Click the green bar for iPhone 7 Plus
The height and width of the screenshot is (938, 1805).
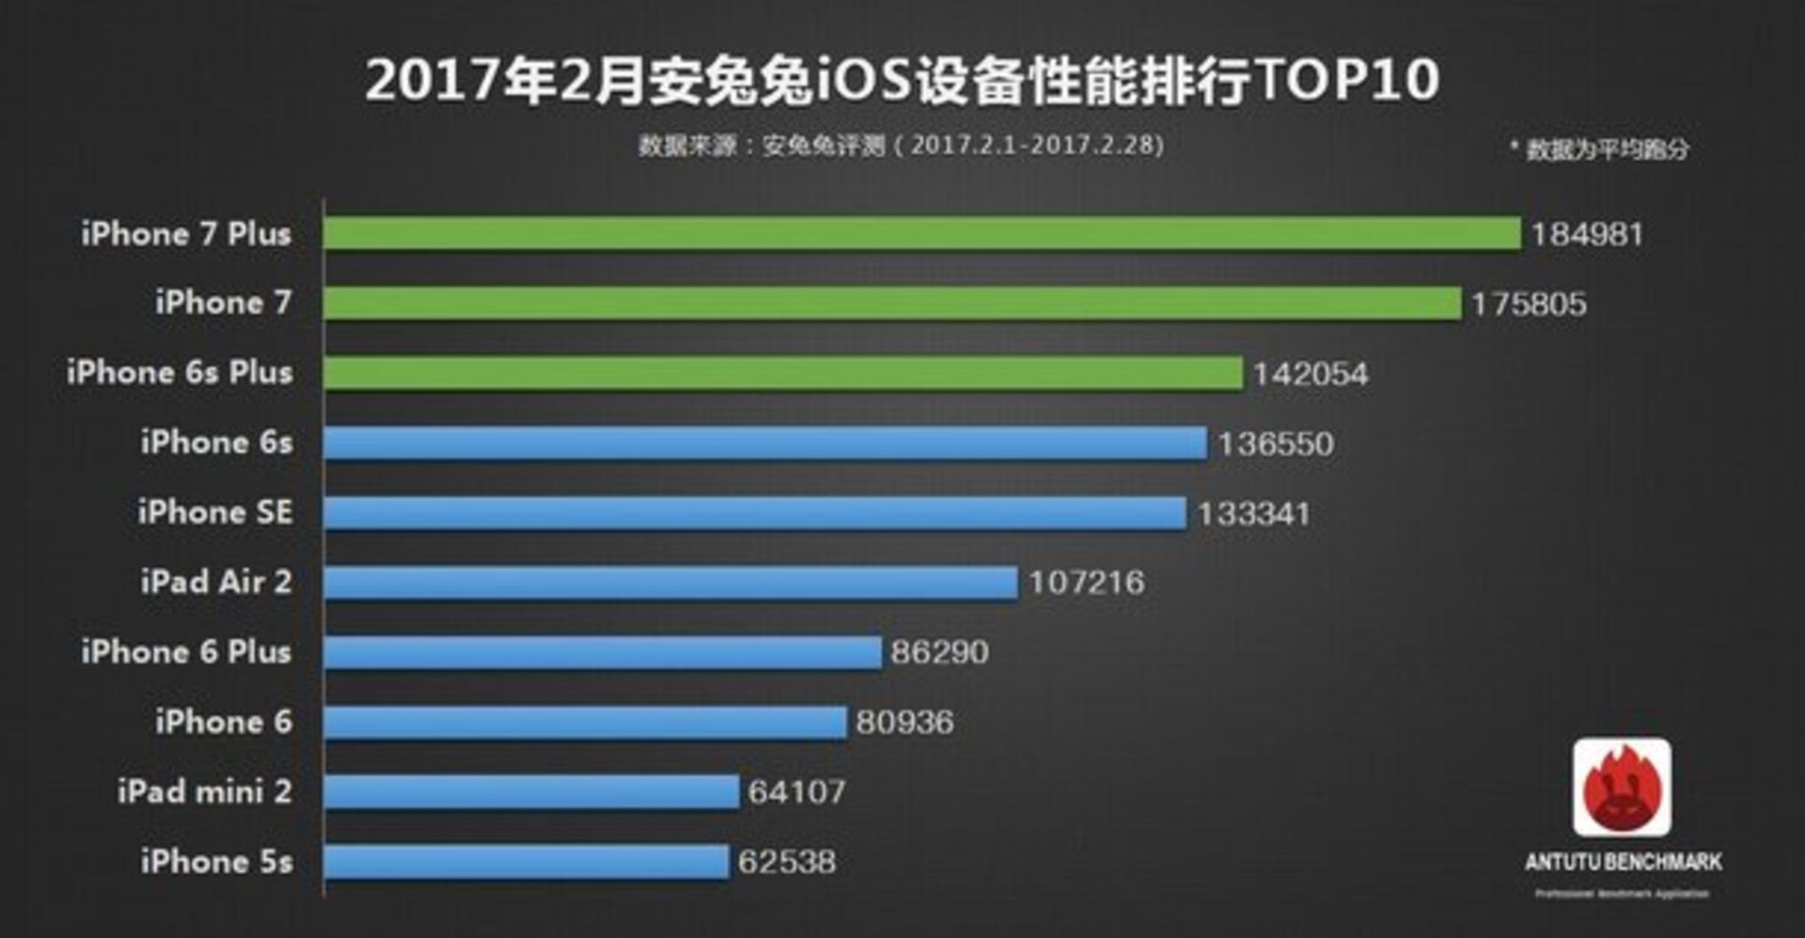point(921,234)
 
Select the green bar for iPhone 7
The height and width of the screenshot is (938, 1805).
point(892,304)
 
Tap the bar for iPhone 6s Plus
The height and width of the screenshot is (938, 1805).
point(783,373)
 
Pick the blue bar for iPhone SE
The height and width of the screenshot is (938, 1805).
point(755,513)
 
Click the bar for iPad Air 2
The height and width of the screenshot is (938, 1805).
point(670,583)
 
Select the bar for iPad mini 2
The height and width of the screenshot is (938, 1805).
point(531,791)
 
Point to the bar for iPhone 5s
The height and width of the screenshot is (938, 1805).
point(526,862)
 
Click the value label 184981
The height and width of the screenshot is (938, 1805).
point(1587,235)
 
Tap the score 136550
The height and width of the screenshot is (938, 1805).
point(1276,444)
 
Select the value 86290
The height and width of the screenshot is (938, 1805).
point(939,652)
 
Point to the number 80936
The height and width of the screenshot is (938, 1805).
point(904,722)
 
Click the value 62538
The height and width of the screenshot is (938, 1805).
point(786,862)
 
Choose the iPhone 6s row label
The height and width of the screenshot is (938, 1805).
point(216,443)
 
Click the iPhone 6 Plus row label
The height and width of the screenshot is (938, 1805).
point(186,651)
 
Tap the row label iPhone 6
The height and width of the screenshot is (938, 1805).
point(224,722)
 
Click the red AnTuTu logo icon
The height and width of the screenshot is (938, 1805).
point(1622,788)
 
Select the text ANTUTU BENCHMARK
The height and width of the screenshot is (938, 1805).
point(1623,862)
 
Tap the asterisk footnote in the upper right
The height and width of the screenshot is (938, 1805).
point(1599,149)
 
